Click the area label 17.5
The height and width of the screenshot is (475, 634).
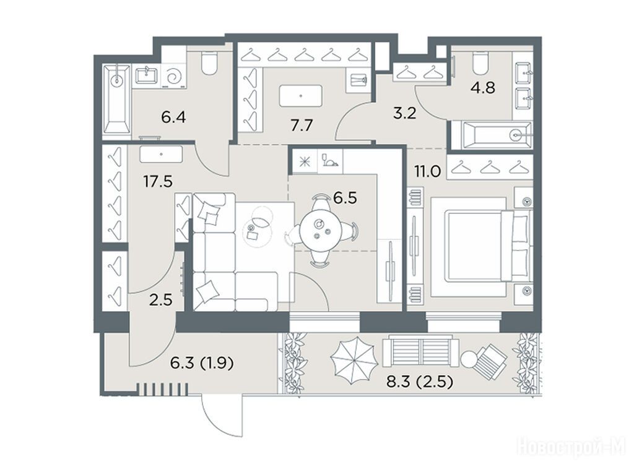coord(158,181)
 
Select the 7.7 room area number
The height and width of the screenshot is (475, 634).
coord(302,126)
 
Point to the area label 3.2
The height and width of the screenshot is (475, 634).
coord(405,113)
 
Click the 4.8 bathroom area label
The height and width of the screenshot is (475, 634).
coord(483,87)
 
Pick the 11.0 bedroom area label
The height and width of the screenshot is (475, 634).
coord(427,172)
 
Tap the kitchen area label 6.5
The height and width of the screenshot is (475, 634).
coord(344,198)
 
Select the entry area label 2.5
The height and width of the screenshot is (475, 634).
coord(160,301)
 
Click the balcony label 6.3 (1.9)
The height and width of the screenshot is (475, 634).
coord(202,364)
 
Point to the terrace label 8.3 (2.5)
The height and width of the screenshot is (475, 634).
coord(419,381)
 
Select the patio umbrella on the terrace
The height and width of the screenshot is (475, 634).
coord(354,360)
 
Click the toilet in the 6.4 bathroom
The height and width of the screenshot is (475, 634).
coord(209,62)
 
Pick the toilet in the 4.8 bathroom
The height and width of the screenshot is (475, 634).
coord(480,63)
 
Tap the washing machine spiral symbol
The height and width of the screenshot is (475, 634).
coord(174,76)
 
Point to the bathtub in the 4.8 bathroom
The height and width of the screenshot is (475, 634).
coord(491,134)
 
